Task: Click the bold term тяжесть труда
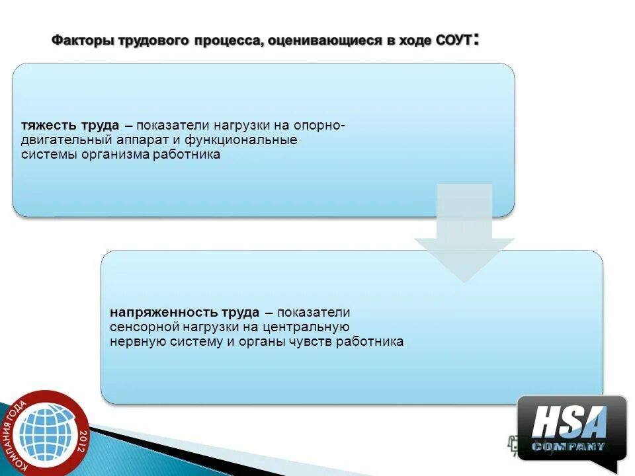tap(70, 126)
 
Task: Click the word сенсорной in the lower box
tap(140, 327)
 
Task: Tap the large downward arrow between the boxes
tap(464, 238)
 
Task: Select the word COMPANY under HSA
tap(569, 447)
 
